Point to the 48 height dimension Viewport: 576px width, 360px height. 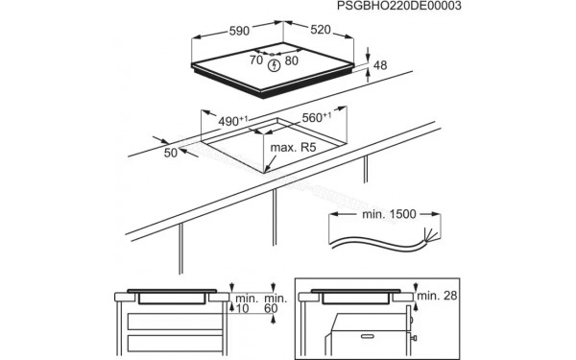tap(380, 65)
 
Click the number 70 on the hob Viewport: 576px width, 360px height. tap(255, 60)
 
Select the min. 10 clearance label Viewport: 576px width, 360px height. tap(246, 304)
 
